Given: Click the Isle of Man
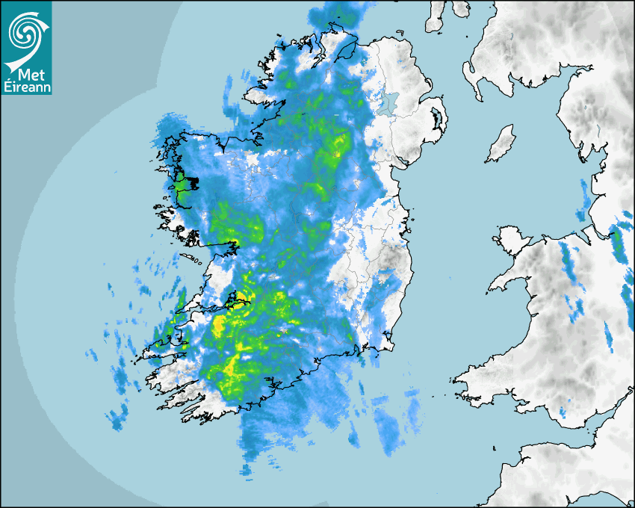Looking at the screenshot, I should tap(501, 144).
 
